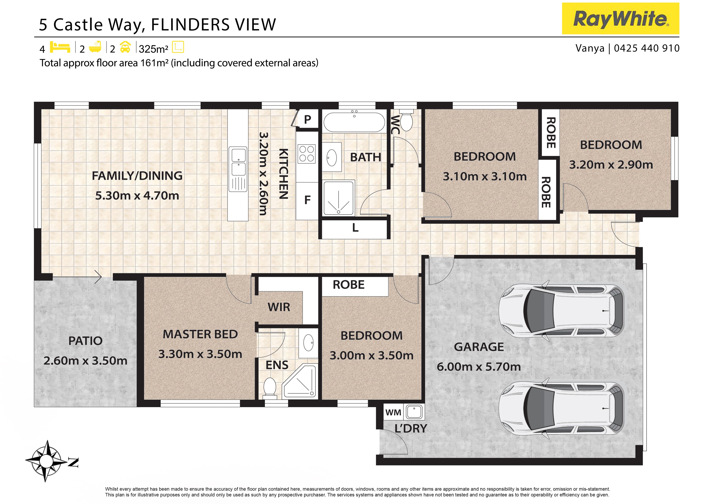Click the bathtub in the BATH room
(354, 122)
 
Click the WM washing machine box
(393, 412)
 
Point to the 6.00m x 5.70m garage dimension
(478, 367)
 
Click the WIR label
(279, 307)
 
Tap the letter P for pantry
(307, 119)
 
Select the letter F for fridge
(307, 200)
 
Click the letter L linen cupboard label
(355, 228)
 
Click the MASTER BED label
(200, 335)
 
